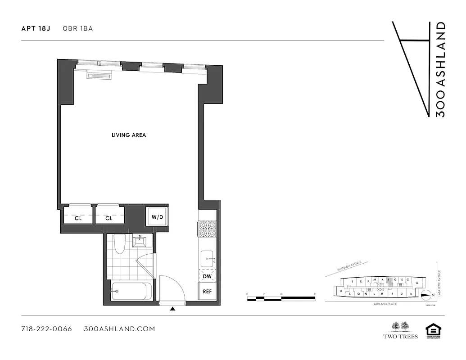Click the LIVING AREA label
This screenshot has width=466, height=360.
click(129, 135)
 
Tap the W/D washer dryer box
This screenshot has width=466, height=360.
click(157, 217)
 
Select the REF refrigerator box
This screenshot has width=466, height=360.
click(207, 292)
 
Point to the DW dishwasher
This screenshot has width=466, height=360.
click(207, 276)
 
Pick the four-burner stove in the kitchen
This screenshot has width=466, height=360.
click(207, 229)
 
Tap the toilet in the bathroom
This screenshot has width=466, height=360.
click(119, 244)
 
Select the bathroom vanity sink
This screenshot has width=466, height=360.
click(140, 241)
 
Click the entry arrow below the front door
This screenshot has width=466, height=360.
click(172, 309)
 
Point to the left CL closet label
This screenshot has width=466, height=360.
click(78, 218)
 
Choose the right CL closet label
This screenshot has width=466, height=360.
click(109, 218)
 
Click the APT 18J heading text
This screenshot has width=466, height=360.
click(36, 28)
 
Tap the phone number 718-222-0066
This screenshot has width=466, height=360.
click(46, 329)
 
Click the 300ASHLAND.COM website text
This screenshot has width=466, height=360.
click(119, 329)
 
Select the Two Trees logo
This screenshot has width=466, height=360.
click(400, 330)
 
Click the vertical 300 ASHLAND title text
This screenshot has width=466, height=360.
click(441, 70)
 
